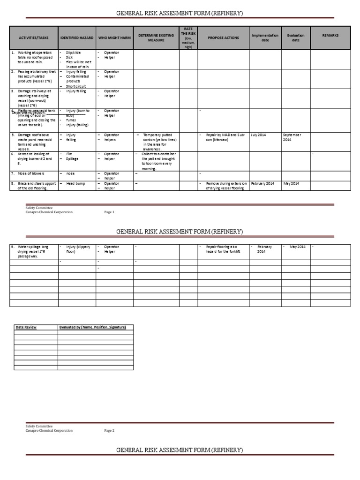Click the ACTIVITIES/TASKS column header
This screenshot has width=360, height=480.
(x=34, y=37)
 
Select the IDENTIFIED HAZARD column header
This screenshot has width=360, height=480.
(x=77, y=37)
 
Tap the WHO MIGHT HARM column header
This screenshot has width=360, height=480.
(x=114, y=37)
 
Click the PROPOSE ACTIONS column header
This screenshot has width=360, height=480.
(x=223, y=37)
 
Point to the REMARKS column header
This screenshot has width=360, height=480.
(x=330, y=36)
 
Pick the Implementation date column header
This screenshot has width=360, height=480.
(x=265, y=37)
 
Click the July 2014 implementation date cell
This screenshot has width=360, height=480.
(x=258, y=135)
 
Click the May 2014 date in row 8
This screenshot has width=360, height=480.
(x=291, y=183)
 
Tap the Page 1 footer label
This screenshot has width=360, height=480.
(x=109, y=212)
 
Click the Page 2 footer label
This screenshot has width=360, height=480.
(x=109, y=430)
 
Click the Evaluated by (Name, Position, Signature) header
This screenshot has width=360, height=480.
(x=92, y=327)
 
